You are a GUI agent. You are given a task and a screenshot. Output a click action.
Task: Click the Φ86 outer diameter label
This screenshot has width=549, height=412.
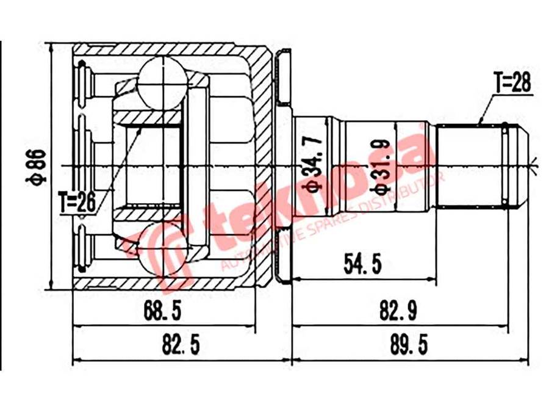(38, 166)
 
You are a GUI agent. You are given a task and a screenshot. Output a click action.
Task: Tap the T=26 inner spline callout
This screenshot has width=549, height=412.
(77, 201)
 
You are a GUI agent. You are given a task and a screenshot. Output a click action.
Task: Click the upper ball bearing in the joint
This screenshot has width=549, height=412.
(162, 80)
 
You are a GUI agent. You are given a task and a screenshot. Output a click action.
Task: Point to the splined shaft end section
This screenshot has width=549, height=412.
(470, 165)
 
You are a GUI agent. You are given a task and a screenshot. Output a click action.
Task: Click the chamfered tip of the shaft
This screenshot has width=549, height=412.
(517, 165)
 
